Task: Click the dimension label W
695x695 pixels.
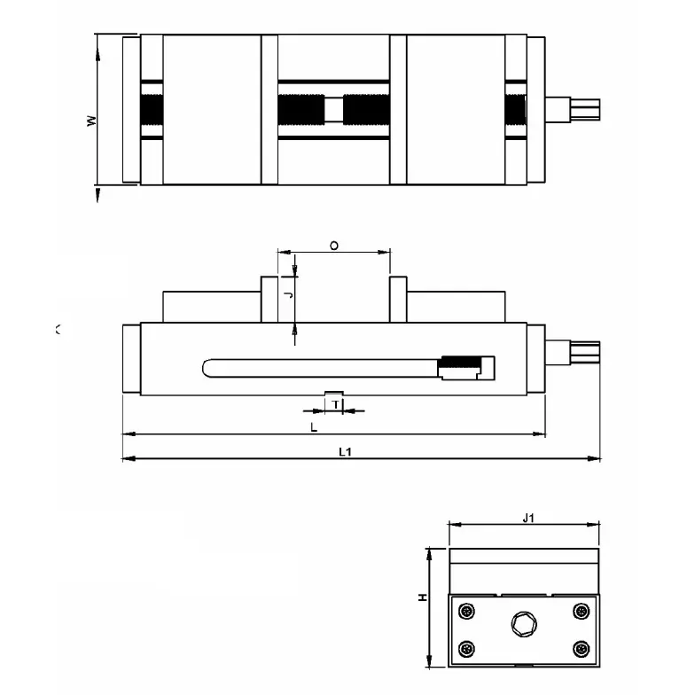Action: (91, 121)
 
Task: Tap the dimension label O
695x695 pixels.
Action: (332, 245)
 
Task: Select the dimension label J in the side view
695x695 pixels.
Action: (286, 290)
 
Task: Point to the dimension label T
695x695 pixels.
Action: (335, 404)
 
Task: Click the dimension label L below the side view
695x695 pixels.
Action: (314, 427)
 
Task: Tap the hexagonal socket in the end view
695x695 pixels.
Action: (523, 626)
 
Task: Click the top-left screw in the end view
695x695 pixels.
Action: (467, 611)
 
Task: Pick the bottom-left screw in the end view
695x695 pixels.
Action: (467, 649)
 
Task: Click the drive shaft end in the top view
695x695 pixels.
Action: (586, 109)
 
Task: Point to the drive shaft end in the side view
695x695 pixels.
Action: (586, 352)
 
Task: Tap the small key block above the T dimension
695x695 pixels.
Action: (335, 393)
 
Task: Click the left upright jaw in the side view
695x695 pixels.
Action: (269, 300)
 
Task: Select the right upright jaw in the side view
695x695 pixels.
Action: (398, 300)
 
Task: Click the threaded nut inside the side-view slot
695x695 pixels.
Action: (459, 363)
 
